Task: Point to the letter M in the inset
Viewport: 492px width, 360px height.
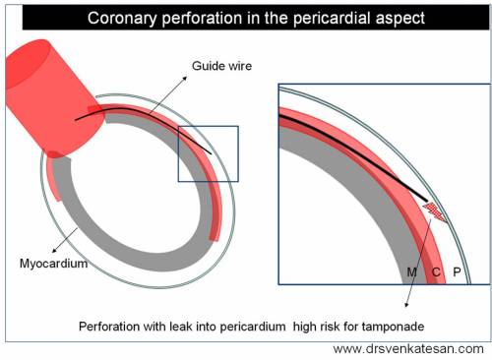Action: (x=412, y=270)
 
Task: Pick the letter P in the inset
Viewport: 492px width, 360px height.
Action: (x=458, y=270)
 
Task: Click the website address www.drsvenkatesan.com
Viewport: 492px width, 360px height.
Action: (x=408, y=349)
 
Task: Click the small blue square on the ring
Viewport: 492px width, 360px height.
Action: (x=208, y=152)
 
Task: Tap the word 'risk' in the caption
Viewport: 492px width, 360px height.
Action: (x=334, y=325)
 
